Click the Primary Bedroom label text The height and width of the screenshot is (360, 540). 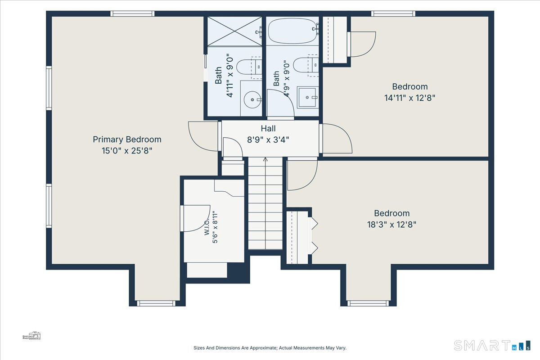127,139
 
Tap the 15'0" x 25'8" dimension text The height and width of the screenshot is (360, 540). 127,151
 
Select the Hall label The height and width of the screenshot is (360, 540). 268,129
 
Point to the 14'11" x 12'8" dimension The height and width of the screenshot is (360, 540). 410,98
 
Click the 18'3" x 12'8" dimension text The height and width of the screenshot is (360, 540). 392,225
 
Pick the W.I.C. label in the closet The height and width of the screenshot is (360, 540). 207,227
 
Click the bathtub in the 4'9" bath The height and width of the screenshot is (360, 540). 292,31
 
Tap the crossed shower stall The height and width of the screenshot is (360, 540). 234,31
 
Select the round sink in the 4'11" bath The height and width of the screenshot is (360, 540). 252,99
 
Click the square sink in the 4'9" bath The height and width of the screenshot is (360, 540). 307,97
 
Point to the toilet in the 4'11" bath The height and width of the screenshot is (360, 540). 249,67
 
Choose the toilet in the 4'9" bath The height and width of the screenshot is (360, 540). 306,65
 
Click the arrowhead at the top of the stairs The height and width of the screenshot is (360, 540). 265,159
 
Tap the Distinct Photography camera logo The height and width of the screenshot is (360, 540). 31,336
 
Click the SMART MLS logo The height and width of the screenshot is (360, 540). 492,345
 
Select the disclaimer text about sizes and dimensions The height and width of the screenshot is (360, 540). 270,348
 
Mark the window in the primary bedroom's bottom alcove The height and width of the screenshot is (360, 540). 156,303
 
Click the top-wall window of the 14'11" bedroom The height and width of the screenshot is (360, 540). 393,14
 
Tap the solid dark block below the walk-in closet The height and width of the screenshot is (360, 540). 238,272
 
